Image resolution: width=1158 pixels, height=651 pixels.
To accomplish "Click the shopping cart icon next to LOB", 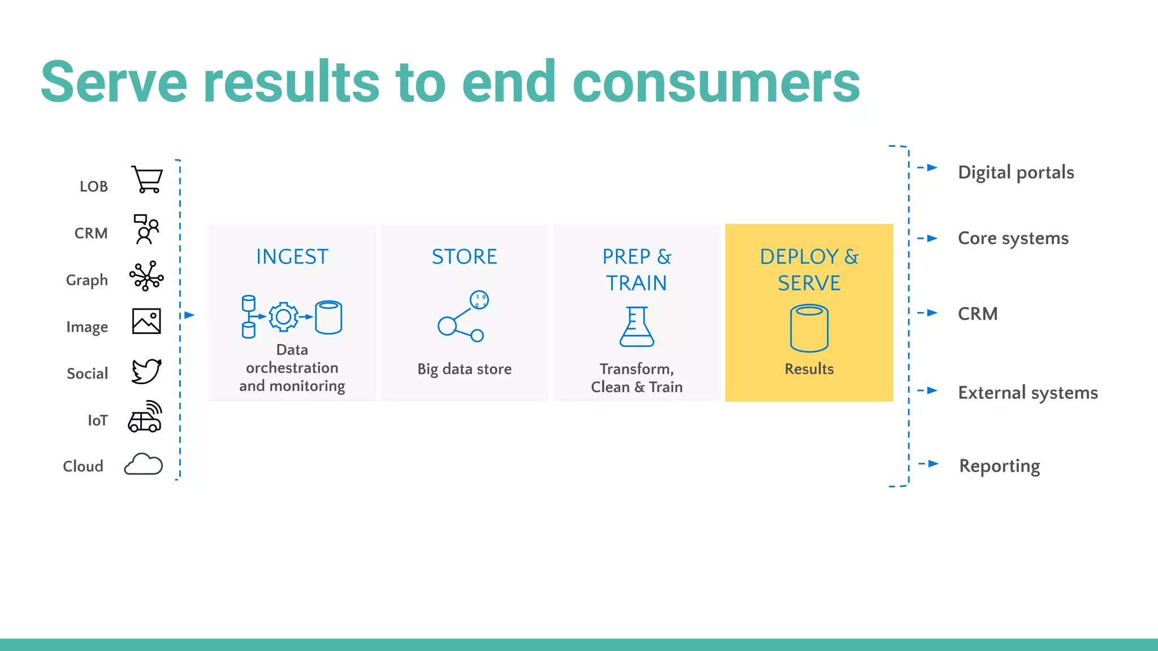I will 147,180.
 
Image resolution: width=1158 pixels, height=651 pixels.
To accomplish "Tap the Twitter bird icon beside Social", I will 146,371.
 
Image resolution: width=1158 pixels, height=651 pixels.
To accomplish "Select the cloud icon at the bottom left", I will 144,465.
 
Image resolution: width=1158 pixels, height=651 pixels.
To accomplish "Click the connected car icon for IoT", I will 145,417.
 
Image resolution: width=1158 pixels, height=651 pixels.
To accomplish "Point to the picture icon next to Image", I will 146,321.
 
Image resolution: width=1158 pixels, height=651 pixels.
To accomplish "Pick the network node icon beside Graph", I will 146,276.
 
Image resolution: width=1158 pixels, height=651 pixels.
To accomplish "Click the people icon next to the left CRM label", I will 146,229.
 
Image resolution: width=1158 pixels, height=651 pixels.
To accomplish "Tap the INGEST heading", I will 292,257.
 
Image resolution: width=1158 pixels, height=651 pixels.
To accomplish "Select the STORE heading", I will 464,257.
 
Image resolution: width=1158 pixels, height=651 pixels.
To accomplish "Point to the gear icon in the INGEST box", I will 283,316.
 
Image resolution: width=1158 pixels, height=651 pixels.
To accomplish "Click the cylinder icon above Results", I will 809,328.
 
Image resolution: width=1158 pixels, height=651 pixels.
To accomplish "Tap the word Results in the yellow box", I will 809,369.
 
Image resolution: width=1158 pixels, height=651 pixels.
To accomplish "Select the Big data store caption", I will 464,369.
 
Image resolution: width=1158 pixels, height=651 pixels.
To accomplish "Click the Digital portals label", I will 1016,172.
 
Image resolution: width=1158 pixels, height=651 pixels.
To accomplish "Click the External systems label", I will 1027,393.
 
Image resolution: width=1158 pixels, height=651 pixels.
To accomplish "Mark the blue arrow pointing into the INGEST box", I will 189,315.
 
